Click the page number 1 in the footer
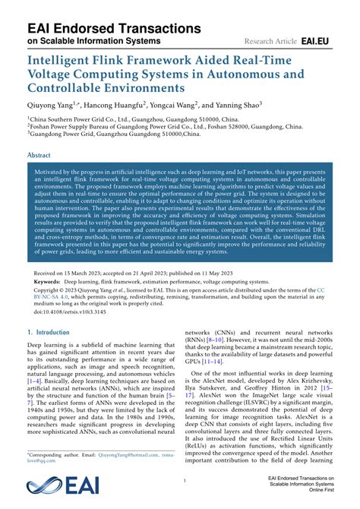184,481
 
